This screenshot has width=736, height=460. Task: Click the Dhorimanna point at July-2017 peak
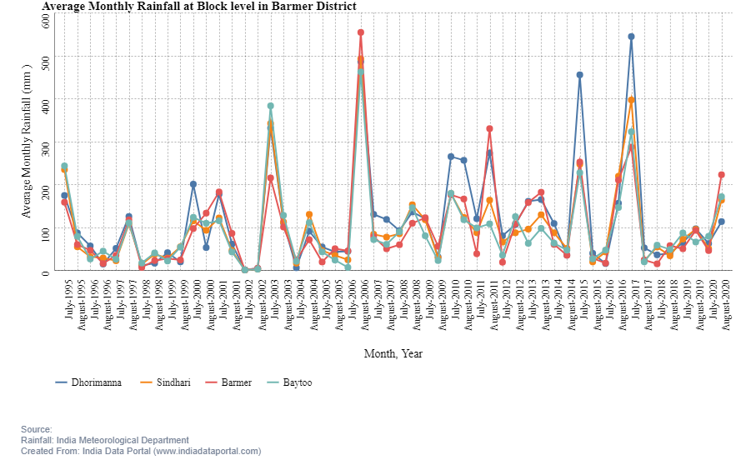pyautogui.click(x=632, y=37)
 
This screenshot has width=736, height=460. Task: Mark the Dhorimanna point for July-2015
pyautogui.click(x=580, y=75)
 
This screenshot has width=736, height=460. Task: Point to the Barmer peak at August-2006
pyautogui.click(x=361, y=32)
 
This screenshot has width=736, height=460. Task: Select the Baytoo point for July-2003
pyautogui.click(x=271, y=106)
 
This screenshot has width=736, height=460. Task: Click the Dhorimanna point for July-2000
pyautogui.click(x=193, y=184)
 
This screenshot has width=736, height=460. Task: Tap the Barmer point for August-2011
pyautogui.click(x=490, y=128)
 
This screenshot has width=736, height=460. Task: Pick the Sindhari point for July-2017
pyautogui.click(x=632, y=100)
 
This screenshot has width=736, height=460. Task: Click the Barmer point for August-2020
pyautogui.click(x=722, y=175)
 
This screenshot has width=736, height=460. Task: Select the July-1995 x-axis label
pyautogui.click(x=65, y=304)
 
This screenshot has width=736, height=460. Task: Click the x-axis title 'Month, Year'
pyautogui.click(x=393, y=353)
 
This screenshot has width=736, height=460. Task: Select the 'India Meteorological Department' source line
pyautogui.click(x=105, y=440)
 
